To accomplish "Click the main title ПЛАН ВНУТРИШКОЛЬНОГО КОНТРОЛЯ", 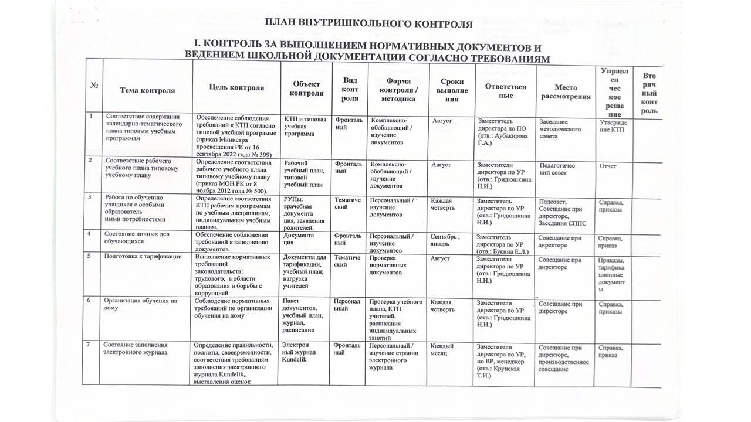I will point(368,24).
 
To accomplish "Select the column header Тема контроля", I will point(147,90).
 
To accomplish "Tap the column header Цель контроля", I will point(236,88).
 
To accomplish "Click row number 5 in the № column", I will point(90,256).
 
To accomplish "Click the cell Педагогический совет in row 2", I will point(557,169).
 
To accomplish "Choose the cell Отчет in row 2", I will point(608,166).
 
